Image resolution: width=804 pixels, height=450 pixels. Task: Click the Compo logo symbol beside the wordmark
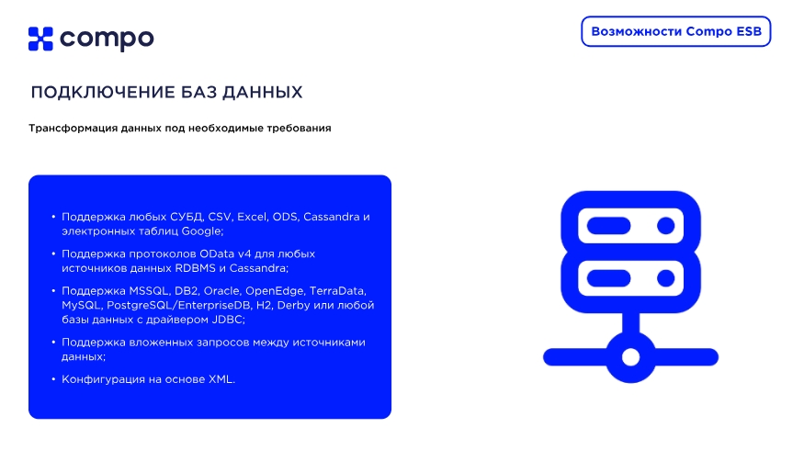pos(41,39)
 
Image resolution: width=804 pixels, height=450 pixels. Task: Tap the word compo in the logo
pos(107,39)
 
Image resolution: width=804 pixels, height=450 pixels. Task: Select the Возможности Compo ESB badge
pos(676,31)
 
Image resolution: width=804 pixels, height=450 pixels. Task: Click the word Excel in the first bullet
pos(252,217)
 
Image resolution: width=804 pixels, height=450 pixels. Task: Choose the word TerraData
pos(334,289)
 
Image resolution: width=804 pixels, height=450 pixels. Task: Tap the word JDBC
pos(226,319)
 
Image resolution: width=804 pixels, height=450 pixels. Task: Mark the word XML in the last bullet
pos(220,378)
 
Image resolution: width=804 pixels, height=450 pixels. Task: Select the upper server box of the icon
pos(630,224)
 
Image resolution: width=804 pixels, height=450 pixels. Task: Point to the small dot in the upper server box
pos(664,224)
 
